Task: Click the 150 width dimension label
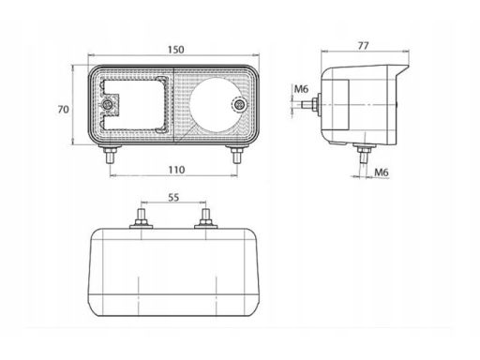pyautogui.click(x=176, y=50)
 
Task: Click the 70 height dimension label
pyautogui.click(x=63, y=110)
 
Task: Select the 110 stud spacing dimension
pyautogui.click(x=176, y=170)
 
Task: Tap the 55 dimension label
pyautogui.click(x=173, y=198)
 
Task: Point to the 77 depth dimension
pyautogui.click(x=363, y=46)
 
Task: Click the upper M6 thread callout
pyautogui.click(x=301, y=89)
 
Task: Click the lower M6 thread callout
pyautogui.click(x=382, y=172)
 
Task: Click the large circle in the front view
pyautogui.click(x=217, y=105)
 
